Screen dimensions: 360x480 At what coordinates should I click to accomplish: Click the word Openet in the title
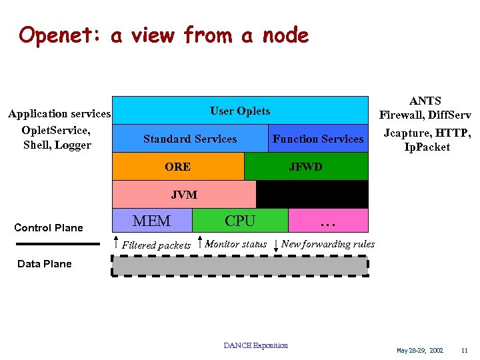(59, 35)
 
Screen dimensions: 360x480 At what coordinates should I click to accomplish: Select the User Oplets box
(240, 111)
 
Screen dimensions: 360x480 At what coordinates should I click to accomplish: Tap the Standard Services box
(190, 139)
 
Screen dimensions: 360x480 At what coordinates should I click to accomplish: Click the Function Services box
(318, 139)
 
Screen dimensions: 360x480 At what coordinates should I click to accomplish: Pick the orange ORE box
(177, 167)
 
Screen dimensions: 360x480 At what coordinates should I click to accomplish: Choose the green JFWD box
(306, 167)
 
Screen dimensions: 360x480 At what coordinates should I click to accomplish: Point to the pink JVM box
(184, 195)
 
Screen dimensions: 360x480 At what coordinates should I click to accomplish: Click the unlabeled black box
(312, 195)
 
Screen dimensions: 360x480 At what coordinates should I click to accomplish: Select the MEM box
(152, 221)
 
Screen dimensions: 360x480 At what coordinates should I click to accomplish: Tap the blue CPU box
(240, 221)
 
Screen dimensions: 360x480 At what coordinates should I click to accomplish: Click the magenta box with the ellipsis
(327, 221)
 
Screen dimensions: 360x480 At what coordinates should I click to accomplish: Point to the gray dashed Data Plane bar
(240, 266)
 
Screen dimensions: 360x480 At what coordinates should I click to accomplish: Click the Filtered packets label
(156, 245)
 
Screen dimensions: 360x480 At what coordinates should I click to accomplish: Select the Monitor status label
(235, 244)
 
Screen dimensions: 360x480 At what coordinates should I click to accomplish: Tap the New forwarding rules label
(328, 244)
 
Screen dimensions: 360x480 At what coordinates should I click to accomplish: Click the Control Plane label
(49, 228)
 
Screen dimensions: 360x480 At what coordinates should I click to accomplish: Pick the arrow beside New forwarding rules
(276, 245)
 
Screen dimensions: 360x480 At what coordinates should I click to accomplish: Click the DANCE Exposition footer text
(256, 345)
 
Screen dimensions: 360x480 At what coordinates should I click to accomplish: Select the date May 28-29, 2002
(420, 350)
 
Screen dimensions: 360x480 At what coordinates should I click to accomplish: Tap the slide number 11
(464, 350)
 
